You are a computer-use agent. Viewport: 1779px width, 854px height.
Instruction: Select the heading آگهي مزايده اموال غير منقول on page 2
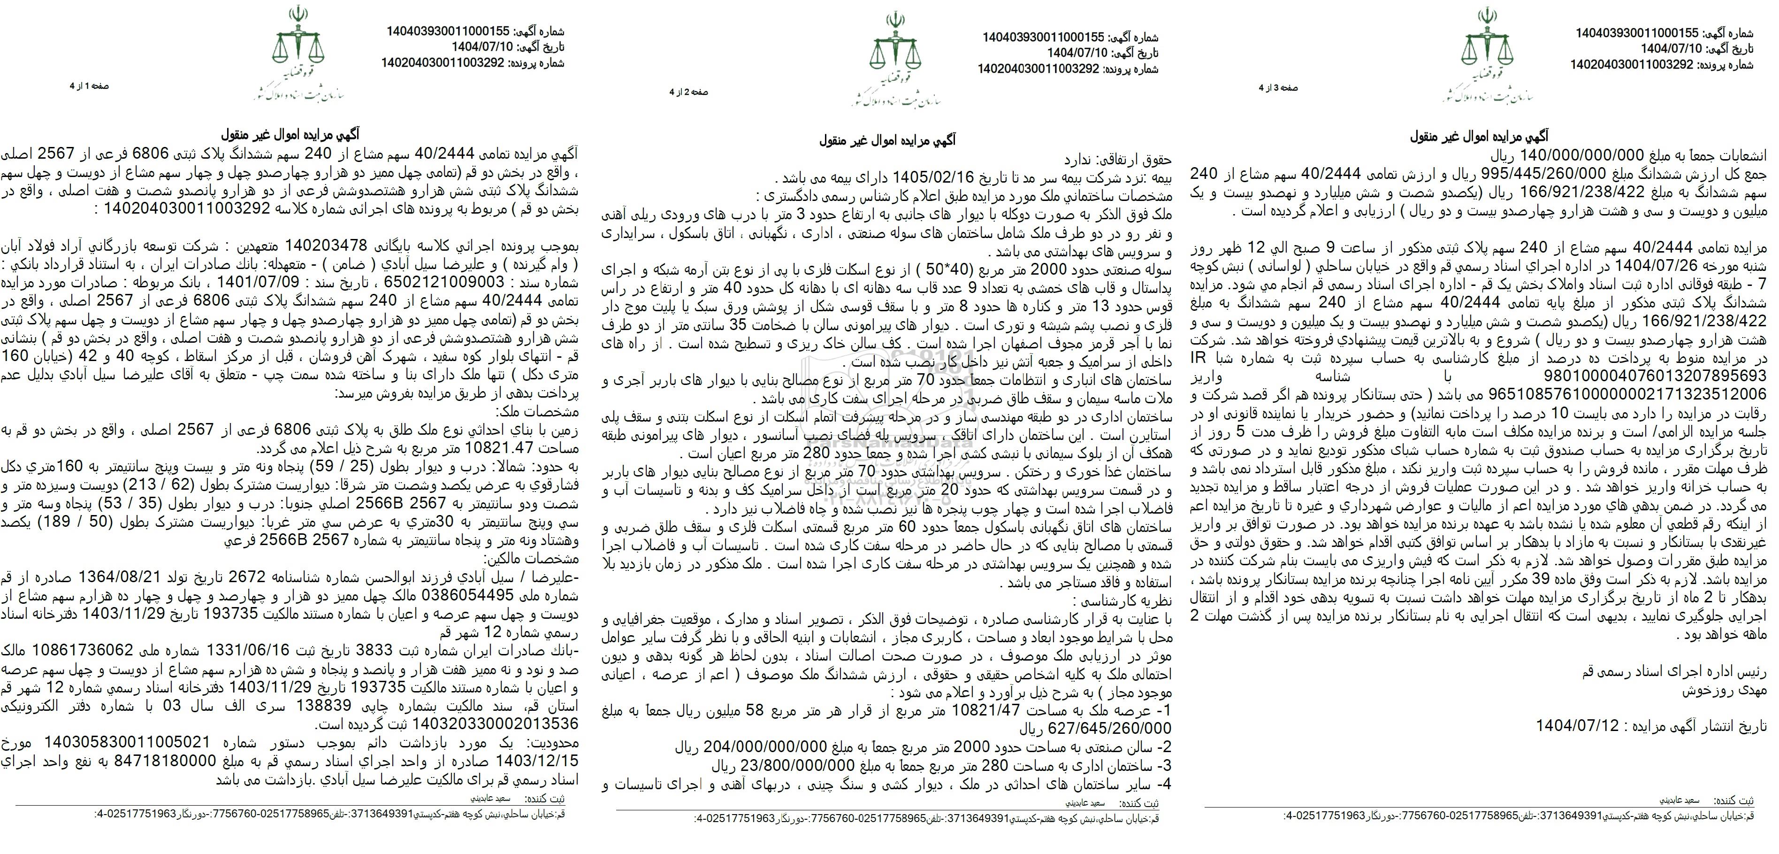pos(887,141)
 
